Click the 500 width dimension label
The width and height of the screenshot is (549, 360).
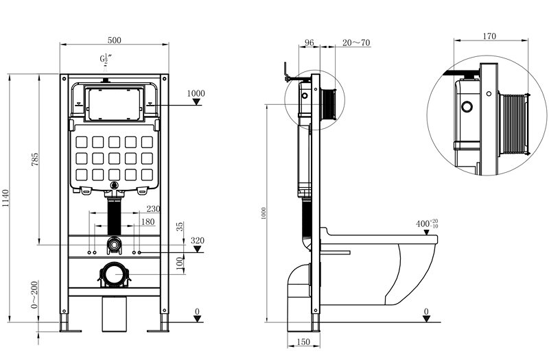click(x=114, y=40)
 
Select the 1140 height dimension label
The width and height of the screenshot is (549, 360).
click(x=5, y=198)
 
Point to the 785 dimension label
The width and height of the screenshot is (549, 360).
click(x=35, y=159)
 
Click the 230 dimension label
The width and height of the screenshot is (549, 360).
click(x=153, y=209)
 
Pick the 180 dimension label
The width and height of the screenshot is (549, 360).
click(x=148, y=221)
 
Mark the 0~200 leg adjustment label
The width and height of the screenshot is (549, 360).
click(x=34, y=295)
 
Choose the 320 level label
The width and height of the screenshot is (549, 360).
click(x=198, y=241)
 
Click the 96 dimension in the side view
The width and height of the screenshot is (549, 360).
click(x=309, y=43)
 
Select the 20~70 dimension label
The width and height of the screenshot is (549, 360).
click(x=356, y=43)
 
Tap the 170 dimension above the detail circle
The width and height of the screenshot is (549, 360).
click(x=489, y=36)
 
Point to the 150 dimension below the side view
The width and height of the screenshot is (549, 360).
click(x=303, y=341)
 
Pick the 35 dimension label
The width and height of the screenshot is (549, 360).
click(x=180, y=227)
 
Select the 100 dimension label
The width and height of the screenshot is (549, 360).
click(x=180, y=263)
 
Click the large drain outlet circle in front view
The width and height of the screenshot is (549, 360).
click(x=114, y=275)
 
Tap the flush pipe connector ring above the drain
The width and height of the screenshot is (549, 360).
click(x=114, y=244)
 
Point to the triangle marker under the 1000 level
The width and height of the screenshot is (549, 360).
click(x=197, y=101)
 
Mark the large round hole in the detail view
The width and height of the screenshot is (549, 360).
click(x=467, y=106)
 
